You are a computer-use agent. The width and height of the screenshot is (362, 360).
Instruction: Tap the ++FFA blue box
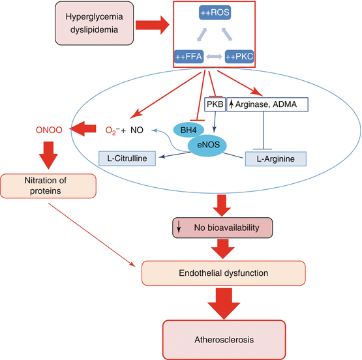point(189,57)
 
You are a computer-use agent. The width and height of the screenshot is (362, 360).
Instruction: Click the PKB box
point(214,104)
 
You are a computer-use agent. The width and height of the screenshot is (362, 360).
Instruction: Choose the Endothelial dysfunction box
point(223,273)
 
